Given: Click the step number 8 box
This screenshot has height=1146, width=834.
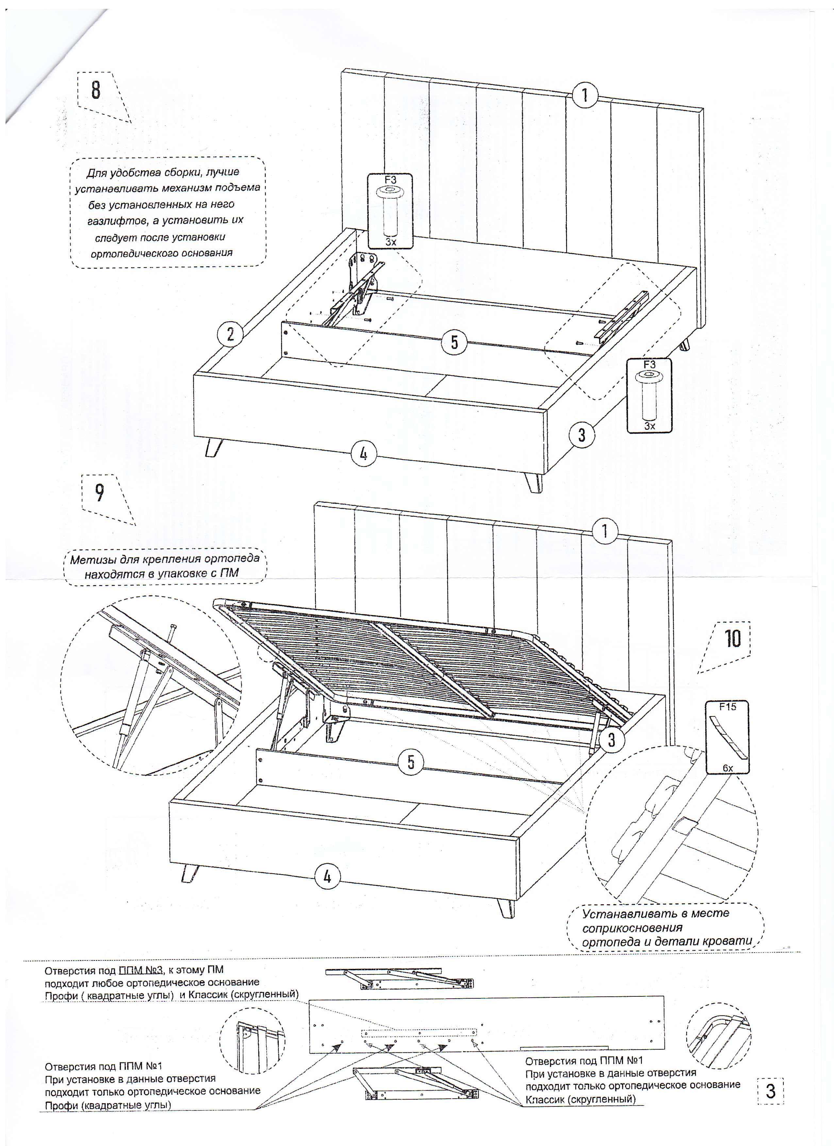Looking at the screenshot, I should pos(96,90).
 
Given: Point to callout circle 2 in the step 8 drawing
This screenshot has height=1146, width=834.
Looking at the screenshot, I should pos(230,334).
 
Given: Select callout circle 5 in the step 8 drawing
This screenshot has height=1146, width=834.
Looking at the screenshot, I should pos(454,342).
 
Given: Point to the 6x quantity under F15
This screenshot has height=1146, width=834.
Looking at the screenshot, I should pos(727,768).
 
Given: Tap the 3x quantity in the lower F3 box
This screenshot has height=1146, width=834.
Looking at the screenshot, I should pos(649,426).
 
